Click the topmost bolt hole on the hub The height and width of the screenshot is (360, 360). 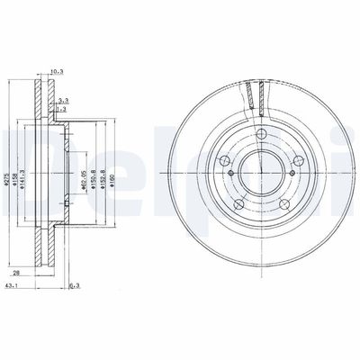click(259, 137)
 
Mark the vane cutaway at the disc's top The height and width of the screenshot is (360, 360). click(252, 95)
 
